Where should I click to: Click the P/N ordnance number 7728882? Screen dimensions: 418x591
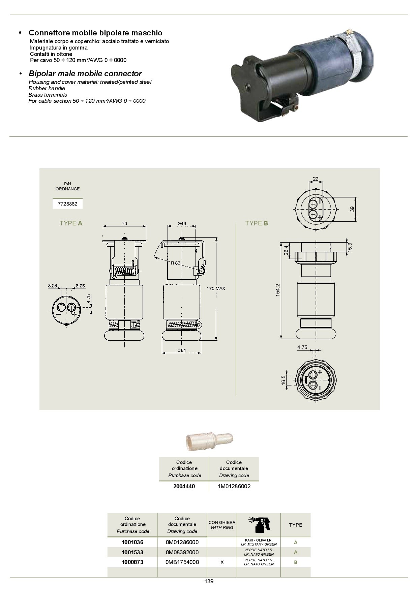67,204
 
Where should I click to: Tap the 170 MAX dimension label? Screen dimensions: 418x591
216,288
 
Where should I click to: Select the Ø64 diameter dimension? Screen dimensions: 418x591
182,350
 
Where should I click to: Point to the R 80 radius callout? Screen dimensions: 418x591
175,263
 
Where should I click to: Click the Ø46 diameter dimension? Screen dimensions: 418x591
182,223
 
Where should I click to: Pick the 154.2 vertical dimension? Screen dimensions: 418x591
278,290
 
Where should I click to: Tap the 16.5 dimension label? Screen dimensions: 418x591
283,380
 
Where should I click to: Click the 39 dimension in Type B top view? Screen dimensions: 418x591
352,209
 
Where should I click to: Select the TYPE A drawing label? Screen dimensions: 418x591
71,223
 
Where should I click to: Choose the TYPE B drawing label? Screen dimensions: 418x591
257,223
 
